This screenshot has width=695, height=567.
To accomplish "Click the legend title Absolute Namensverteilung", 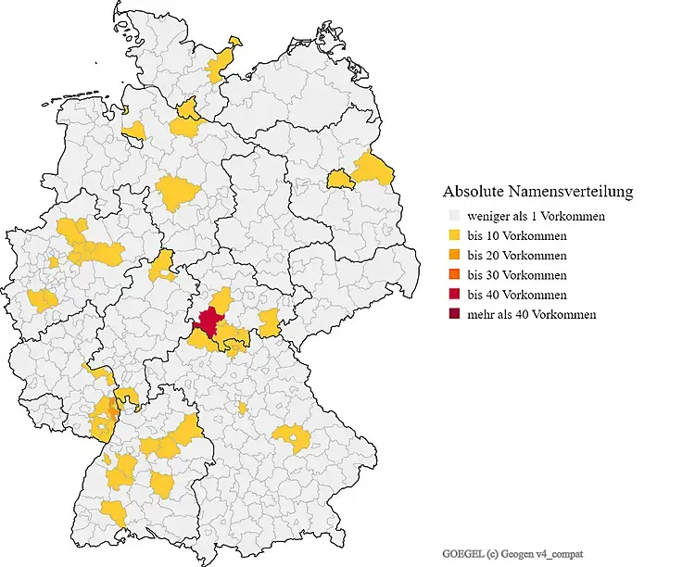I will pos(537,192).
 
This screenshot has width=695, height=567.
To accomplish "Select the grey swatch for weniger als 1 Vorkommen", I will pos(451,216).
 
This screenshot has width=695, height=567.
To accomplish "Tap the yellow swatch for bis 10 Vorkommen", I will pos(451,235).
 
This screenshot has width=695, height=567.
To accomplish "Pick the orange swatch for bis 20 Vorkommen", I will pos(451,255).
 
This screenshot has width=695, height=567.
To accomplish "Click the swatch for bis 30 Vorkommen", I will pos(451,275).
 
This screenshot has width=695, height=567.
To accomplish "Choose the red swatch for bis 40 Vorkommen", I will pos(451,295).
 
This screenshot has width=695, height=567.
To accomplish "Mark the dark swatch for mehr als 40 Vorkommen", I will pos(451,314).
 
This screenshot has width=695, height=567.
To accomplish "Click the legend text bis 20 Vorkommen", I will pos(517,255).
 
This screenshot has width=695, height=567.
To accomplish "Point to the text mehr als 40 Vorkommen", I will pos(532,314).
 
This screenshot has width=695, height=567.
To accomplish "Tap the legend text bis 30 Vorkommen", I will pos(517,275).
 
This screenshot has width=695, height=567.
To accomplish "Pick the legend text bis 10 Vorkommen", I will pos(517,235).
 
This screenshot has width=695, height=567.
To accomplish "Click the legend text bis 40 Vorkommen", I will pos(517,295).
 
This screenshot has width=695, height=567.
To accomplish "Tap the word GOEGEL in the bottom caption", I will pos(461,552).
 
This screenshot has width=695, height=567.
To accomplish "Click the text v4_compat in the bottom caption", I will pos(562,552).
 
